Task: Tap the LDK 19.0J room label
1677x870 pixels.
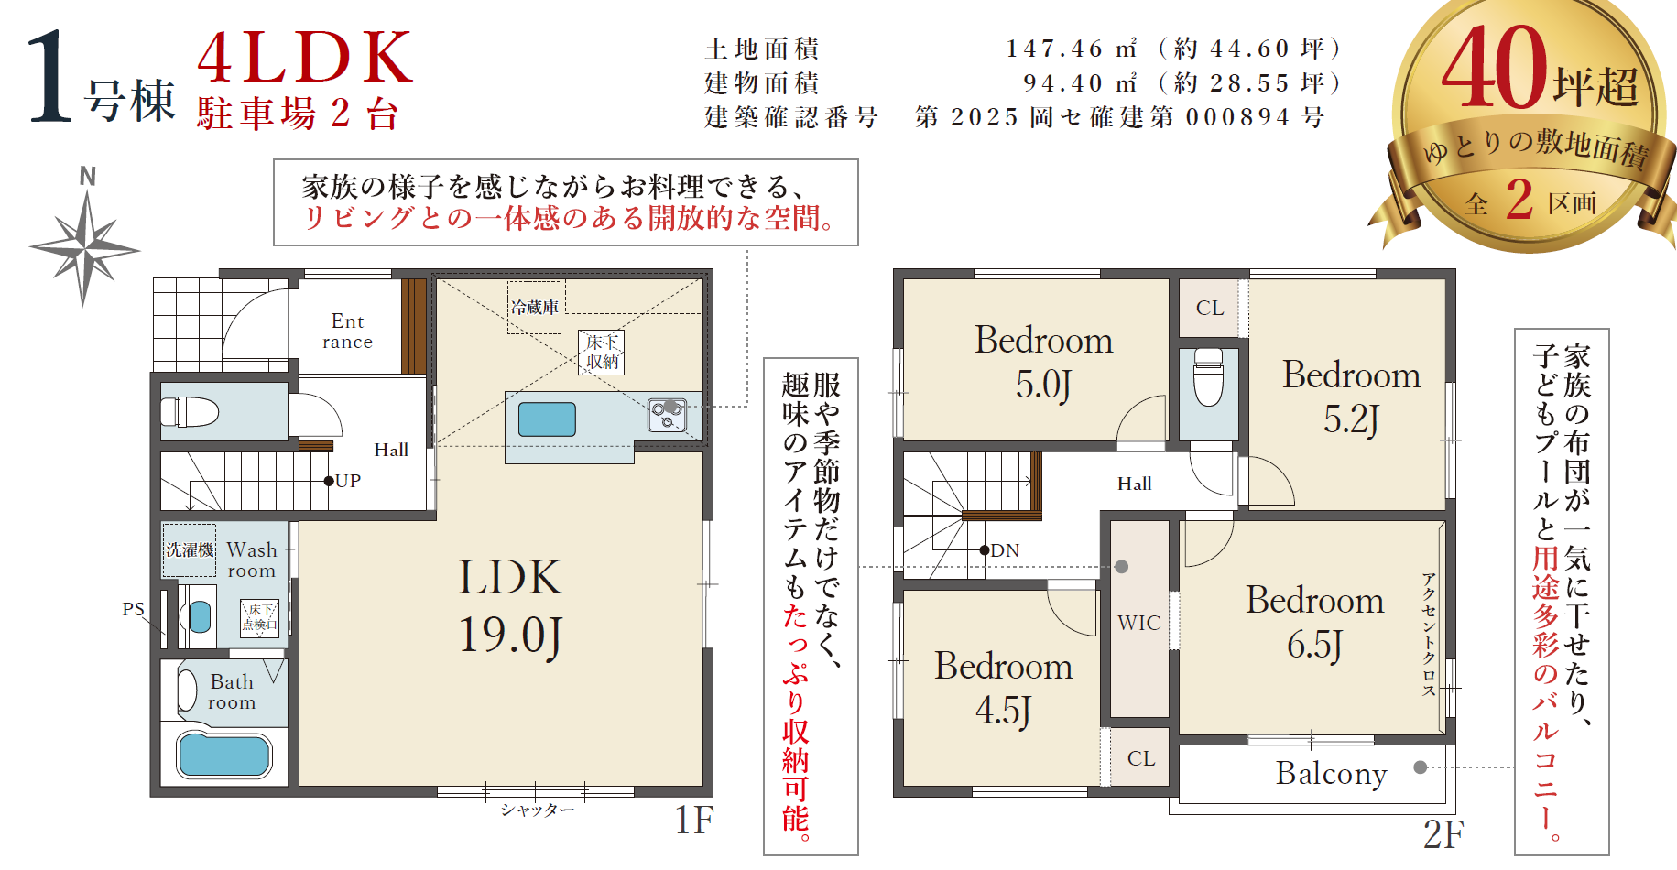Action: [x=510, y=606]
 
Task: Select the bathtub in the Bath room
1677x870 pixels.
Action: [x=224, y=756]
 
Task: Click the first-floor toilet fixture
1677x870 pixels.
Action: [x=190, y=411]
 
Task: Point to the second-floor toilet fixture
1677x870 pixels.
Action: [x=1209, y=376]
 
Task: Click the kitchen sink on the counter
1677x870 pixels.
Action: [x=547, y=419]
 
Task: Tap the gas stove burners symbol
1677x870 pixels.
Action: [x=667, y=415]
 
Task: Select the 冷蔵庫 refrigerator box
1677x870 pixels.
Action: [x=535, y=308]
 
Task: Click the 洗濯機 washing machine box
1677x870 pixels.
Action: [x=190, y=549]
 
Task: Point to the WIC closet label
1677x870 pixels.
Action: [x=1139, y=623]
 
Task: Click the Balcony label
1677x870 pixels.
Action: [x=1332, y=774]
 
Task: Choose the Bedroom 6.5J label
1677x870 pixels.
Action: [x=1315, y=622]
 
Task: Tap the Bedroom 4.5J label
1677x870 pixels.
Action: [x=1004, y=688]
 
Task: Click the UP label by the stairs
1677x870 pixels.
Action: [x=348, y=481]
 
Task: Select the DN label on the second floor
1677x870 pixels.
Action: [x=1005, y=550]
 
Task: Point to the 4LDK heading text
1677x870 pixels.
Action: [x=305, y=57]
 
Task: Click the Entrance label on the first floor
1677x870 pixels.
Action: [x=348, y=332]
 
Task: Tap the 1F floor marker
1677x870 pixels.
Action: [x=694, y=821]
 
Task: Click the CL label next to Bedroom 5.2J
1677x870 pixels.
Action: [x=1210, y=308]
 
